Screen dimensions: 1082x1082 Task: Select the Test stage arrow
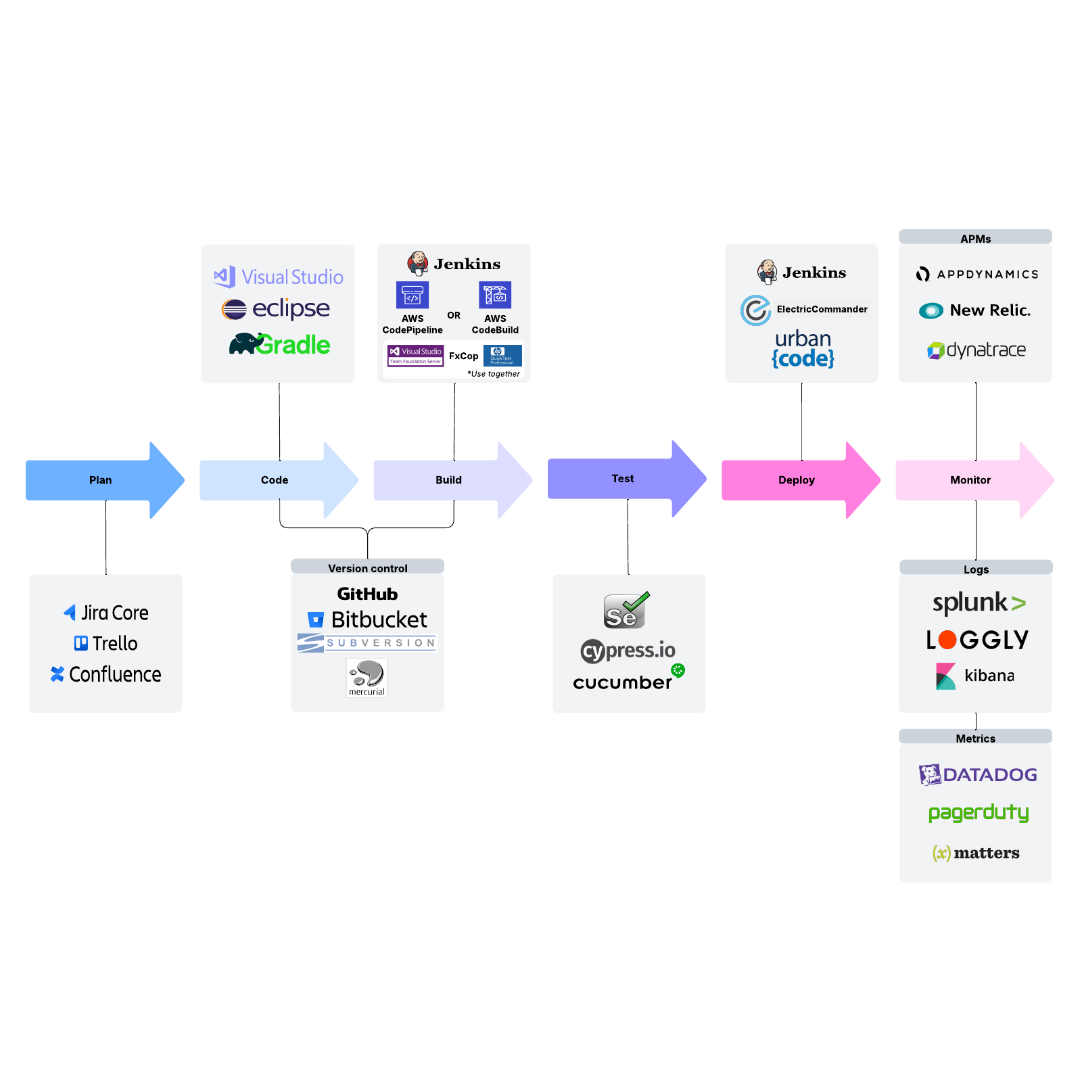tap(623, 479)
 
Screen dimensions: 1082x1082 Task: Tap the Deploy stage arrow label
tap(796, 480)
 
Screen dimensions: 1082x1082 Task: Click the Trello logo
tap(106, 643)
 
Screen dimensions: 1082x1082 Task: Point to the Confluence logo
tap(106, 674)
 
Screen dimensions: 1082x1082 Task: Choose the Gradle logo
tap(279, 344)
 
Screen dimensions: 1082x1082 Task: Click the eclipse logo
tap(276, 308)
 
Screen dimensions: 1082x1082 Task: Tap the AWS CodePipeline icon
tap(413, 295)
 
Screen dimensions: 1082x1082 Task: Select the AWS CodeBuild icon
tap(495, 295)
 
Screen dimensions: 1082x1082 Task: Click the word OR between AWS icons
tap(454, 315)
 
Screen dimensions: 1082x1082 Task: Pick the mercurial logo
tap(367, 677)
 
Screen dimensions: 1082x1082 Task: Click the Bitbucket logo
tap(367, 619)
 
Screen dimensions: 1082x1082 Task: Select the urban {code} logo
tap(803, 348)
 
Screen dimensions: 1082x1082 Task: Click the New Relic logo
tap(974, 310)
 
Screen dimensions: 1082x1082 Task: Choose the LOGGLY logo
tap(977, 640)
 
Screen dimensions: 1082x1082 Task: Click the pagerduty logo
tap(978, 812)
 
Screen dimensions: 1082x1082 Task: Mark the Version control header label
tap(367, 568)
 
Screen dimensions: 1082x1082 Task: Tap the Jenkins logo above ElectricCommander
tap(802, 272)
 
